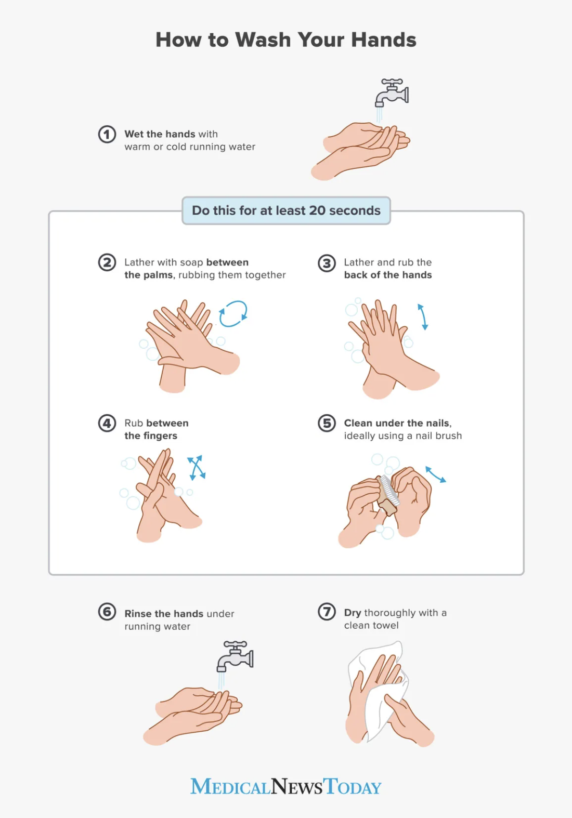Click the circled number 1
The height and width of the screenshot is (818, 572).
coord(107,135)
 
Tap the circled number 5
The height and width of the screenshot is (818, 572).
coord(327,424)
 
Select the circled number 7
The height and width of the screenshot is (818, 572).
coord(327,612)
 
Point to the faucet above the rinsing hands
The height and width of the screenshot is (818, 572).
coord(236,656)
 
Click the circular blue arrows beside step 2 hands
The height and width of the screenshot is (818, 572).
coord(233,314)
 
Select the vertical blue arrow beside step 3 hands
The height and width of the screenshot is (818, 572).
coord(422,316)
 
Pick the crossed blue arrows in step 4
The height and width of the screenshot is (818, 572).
coord(196,467)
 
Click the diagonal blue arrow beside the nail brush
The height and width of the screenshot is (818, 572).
coord(436,474)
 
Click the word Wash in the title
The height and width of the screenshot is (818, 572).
coord(263,40)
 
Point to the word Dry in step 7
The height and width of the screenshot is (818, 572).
coord(353,613)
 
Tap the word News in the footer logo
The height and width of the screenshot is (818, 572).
coord(296,787)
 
